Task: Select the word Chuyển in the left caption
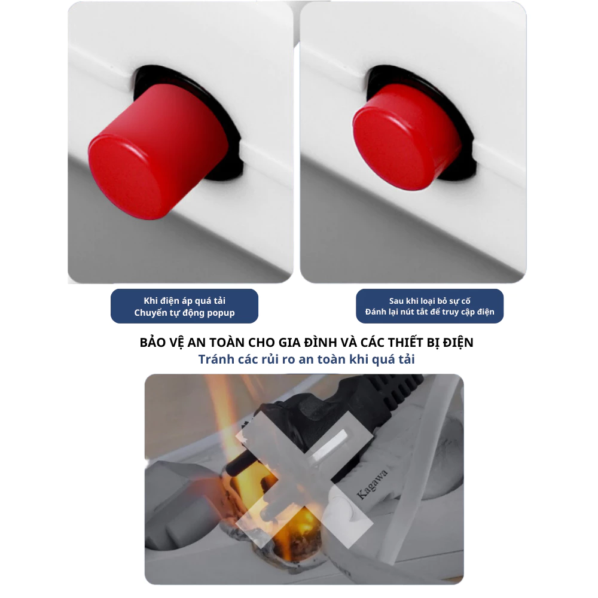point(149,312)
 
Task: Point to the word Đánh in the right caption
point(376,312)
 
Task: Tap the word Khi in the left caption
point(151,300)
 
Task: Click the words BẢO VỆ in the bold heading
point(161,343)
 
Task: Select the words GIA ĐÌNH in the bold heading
point(302,343)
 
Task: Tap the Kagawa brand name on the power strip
point(373,483)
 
